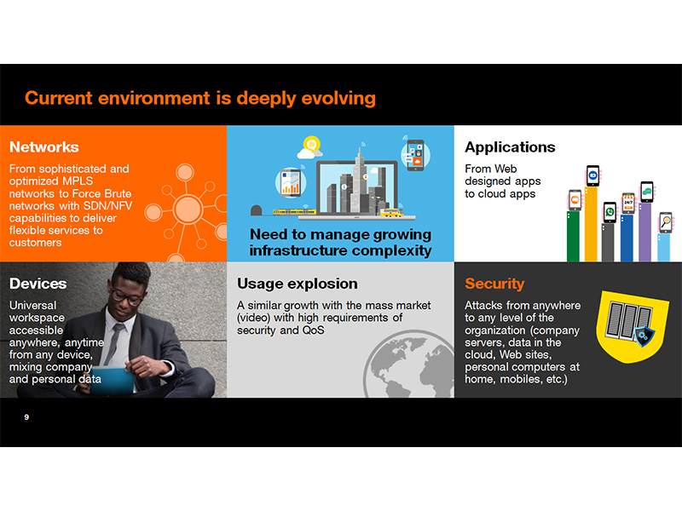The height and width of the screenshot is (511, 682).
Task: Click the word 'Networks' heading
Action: tap(44, 147)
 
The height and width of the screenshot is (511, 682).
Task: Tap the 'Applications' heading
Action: tap(510, 147)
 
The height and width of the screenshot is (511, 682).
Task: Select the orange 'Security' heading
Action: tap(494, 284)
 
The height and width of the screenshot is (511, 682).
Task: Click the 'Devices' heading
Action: tap(38, 284)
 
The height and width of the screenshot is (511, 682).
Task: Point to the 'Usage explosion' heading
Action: tap(297, 284)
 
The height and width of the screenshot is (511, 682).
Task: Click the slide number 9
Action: tap(26, 417)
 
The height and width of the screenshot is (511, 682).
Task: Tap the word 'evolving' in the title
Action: tap(338, 98)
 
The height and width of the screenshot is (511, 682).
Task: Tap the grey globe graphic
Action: tap(409, 365)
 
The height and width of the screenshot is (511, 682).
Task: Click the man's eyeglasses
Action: tap(126, 296)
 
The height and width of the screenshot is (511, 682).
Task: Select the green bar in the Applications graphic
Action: tap(573, 236)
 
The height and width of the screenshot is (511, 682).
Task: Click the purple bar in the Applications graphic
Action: tap(644, 232)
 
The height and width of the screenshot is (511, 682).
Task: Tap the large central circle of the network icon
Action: tap(188, 209)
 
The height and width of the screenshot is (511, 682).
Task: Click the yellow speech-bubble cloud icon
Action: tap(311, 145)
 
